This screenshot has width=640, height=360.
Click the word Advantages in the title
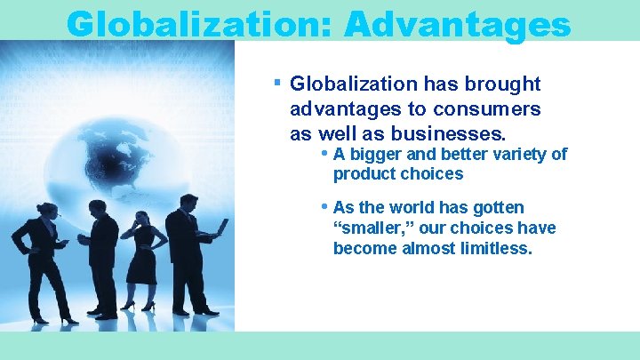pyautogui.click(x=456, y=23)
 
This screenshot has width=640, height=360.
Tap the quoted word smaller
pyautogui.click(x=366, y=228)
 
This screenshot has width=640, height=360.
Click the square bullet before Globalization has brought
pyautogui.click(x=277, y=83)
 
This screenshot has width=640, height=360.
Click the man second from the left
pyautogui.click(x=103, y=253)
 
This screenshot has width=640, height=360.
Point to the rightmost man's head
pyautogui.click(x=187, y=201)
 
